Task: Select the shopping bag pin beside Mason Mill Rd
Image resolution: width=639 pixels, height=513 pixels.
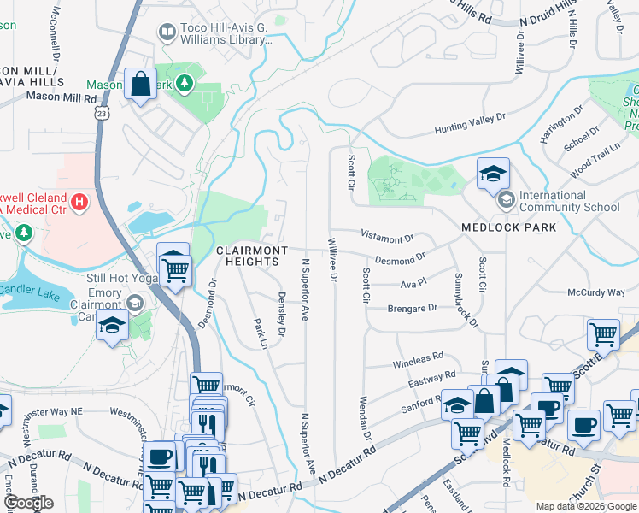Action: point(139,85)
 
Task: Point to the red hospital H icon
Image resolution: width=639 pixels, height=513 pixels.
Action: point(79,202)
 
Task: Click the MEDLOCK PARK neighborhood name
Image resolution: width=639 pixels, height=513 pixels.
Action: point(509,227)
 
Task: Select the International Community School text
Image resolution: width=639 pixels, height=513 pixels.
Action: point(569,201)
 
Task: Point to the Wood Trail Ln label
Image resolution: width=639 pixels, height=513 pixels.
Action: point(595,161)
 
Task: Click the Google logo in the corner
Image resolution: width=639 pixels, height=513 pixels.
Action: point(28,503)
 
